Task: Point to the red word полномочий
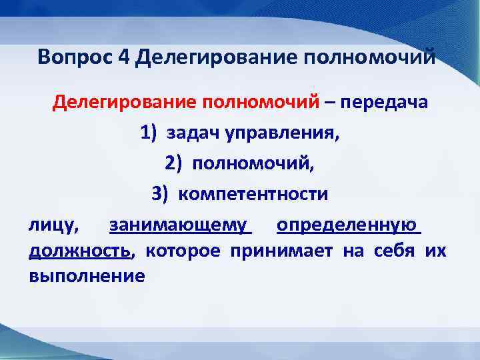point(259,103)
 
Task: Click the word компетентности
point(253,194)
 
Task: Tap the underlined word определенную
point(347,225)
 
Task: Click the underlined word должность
point(79,251)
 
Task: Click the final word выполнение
point(87,275)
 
